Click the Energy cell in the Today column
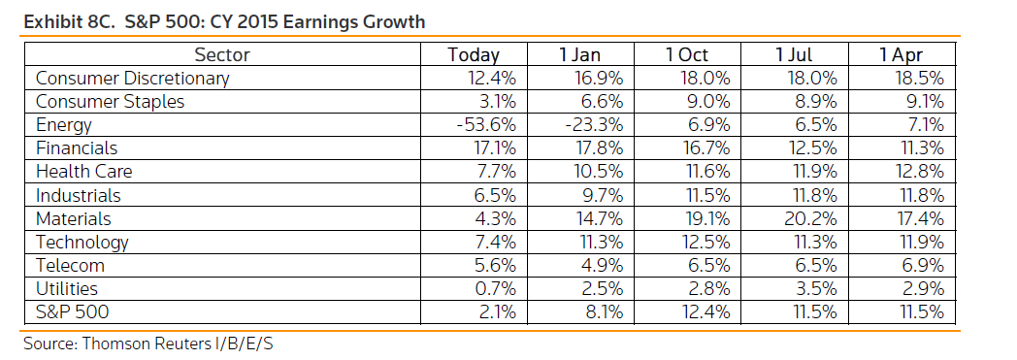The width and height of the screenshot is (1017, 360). coord(485,125)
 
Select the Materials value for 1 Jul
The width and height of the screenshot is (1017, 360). coord(810,218)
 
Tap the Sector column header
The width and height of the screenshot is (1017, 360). coord(222,55)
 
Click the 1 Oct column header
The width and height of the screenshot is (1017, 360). coord(687,55)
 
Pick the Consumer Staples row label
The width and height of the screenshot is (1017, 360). coord(110,102)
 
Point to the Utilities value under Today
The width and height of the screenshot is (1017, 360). coord(496,288)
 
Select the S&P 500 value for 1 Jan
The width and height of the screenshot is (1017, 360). coord(604,312)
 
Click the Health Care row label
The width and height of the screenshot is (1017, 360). coord(83,172)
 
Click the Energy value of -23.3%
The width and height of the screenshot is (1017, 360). coord(593,125)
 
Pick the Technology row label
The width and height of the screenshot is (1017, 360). coord(82,243)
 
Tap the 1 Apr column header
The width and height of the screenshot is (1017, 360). coord(901,55)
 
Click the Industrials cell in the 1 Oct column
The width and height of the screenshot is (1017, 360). coord(706,195)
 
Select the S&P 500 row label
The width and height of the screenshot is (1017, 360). coord(72,312)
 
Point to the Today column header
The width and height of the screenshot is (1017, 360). coord(474,55)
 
